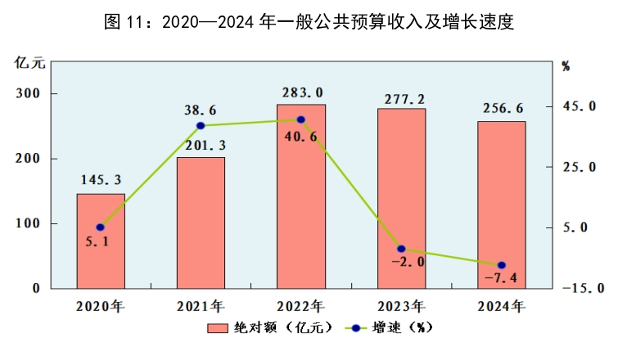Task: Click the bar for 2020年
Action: pyautogui.click(x=101, y=241)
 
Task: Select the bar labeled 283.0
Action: pyautogui.click(x=300, y=196)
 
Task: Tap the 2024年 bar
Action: pyautogui.click(x=501, y=205)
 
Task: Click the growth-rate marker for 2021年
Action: pyautogui.click(x=201, y=125)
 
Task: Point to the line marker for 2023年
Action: pyautogui.click(x=401, y=249)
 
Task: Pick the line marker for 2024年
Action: pyautogui.click(x=501, y=265)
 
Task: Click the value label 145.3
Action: pyautogui.click(x=101, y=180)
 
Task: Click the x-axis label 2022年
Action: pyautogui.click(x=300, y=308)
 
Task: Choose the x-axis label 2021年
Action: pyautogui.click(x=201, y=308)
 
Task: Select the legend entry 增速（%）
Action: pyautogui.click(x=390, y=329)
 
